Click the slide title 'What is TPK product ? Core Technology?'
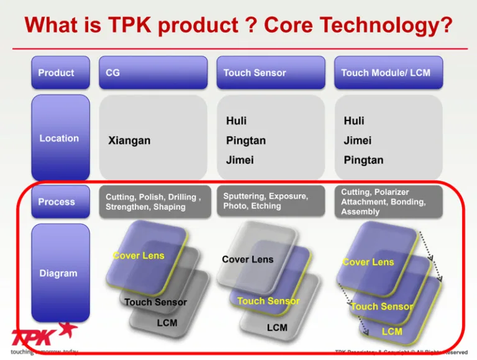[x=238, y=25]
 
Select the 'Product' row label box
[x=60, y=73]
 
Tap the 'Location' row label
[x=60, y=138]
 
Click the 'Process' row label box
[x=60, y=202]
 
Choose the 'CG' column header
[x=153, y=73]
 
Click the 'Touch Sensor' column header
[x=270, y=73]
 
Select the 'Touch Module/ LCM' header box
[x=388, y=73]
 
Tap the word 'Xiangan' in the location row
[x=129, y=141]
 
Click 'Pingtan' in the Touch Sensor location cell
[x=245, y=140]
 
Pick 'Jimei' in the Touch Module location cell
[x=358, y=140]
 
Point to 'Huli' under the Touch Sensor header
[x=236, y=120]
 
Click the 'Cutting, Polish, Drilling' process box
[x=154, y=202]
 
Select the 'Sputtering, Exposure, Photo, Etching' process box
[x=271, y=201]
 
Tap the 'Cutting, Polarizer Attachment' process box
[x=388, y=202]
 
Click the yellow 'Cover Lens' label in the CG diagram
[x=139, y=256]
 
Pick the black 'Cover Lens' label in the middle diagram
[x=247, y=259]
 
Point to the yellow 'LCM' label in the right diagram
[x=392, y=331]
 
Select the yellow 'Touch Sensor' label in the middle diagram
[x=268, y=301]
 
